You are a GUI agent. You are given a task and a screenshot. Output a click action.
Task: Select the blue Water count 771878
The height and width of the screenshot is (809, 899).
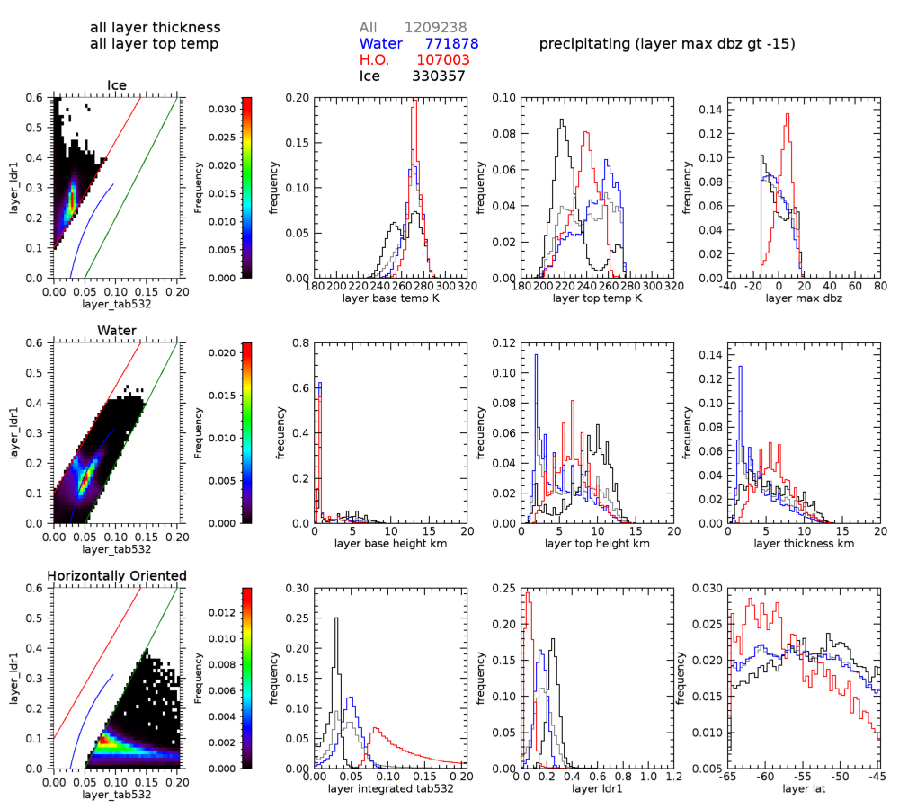coord(450,43)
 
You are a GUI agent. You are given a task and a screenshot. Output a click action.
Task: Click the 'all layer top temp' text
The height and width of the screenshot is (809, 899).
coord(155,44)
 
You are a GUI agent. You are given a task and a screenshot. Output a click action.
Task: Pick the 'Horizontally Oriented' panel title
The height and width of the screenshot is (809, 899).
coord(118,575)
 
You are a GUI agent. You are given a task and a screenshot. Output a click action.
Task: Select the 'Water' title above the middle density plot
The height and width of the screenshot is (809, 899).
coord(117,331)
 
